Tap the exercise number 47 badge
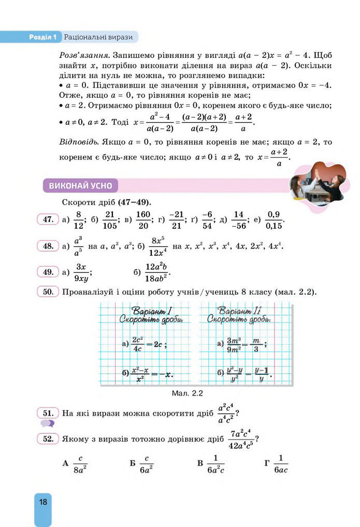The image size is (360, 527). point(48,219)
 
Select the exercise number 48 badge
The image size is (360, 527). point(48,246)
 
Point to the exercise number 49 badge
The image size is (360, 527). point(48,271)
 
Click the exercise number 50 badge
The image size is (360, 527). point(48,291)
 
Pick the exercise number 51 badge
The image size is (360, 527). point(48,413)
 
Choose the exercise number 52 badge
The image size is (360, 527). point(48,438)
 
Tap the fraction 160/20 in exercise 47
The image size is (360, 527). point(143,219)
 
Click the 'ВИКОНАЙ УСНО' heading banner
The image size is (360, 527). point(81,186)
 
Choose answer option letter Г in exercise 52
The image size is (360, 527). point(267,463)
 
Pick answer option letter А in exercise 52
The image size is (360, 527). point(65,463)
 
